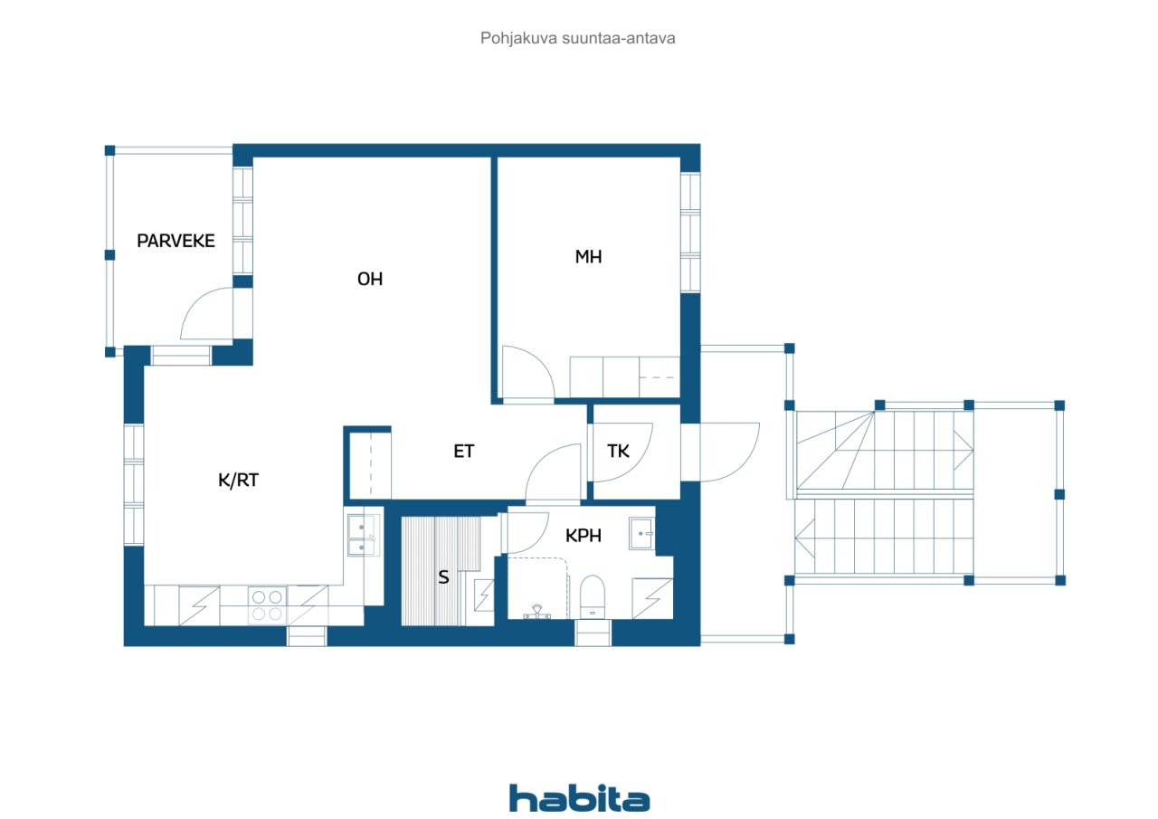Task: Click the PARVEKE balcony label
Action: (176, 241)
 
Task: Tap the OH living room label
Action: (370, 280)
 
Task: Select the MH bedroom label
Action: (588, 257)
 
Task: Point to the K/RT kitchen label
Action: (238, 481)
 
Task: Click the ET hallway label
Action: (464, 452)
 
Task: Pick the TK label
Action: (618, 452)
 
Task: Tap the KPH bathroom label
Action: (584, 536)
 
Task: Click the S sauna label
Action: (443, 577)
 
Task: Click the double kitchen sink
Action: (362, 535)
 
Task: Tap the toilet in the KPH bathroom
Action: (593, 597)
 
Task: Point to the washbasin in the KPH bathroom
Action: (641, 533)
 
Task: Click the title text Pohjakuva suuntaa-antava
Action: (578, 38)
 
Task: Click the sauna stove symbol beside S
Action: (484, 596)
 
